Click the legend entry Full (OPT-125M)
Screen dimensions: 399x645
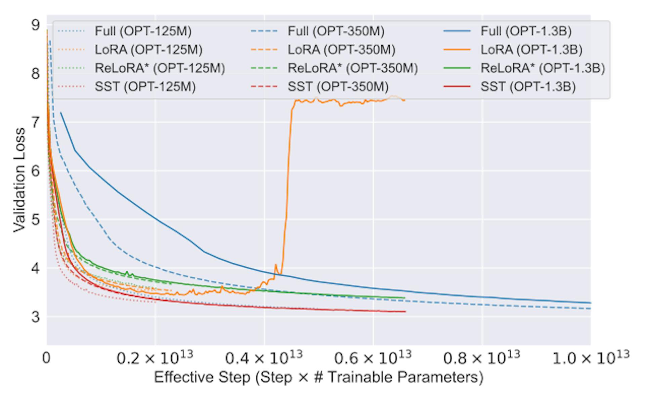point(143,31)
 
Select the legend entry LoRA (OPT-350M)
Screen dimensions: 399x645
point(341,50)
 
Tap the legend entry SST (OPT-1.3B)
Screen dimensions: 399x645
point(528,87)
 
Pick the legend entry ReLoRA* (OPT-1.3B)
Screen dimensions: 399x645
point(542,68)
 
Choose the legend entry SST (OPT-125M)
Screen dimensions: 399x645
point(145,87)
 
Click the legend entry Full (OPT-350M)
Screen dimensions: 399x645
point(336,31)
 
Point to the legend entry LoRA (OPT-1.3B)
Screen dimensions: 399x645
point(531,50)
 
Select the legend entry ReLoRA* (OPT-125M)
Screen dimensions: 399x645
point(160,68)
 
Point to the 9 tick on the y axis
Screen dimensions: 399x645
point(35,25)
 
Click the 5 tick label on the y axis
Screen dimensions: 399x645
point(35,220)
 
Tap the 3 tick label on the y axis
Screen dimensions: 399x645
point(35,317)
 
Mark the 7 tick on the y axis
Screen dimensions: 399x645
point(35,122)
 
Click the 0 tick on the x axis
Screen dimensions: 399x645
point(46,358)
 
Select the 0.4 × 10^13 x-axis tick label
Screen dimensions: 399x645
point(264,358)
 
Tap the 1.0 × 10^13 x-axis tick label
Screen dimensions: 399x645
point(591,358)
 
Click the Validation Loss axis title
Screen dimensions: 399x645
point(19,180)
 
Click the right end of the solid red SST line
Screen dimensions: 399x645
point(405,312)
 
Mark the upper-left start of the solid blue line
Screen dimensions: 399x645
point(61,113)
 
